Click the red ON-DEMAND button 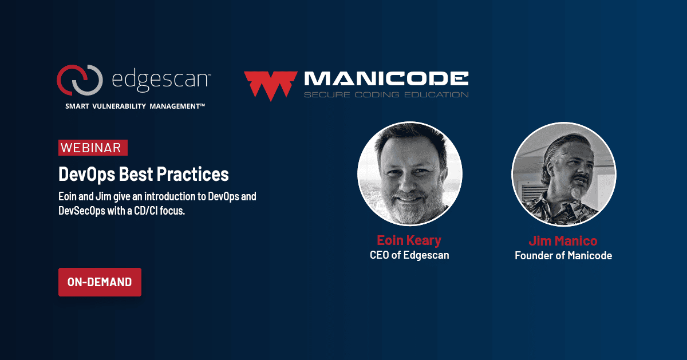[100, 282]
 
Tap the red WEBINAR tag [93, 148]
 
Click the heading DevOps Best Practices [144, 174]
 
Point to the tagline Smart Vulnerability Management [135, 106]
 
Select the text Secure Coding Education [386, 94]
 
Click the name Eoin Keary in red [409, 240]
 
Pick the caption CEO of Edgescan [409, 255]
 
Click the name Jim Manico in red [563, 240]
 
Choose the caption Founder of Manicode [563, 256]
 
